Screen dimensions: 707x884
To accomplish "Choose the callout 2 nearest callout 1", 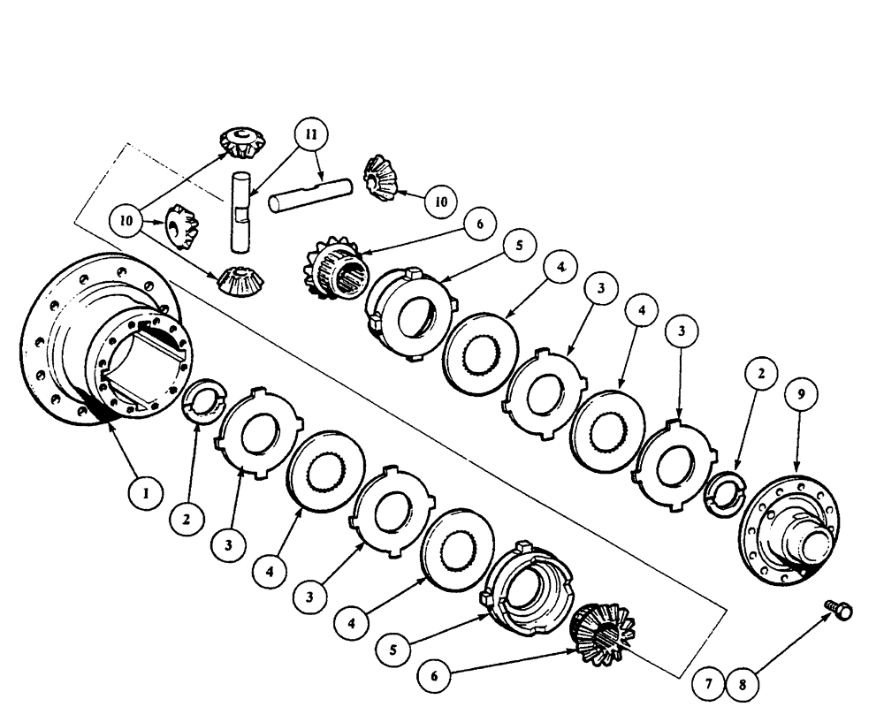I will (x=187, y=521).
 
